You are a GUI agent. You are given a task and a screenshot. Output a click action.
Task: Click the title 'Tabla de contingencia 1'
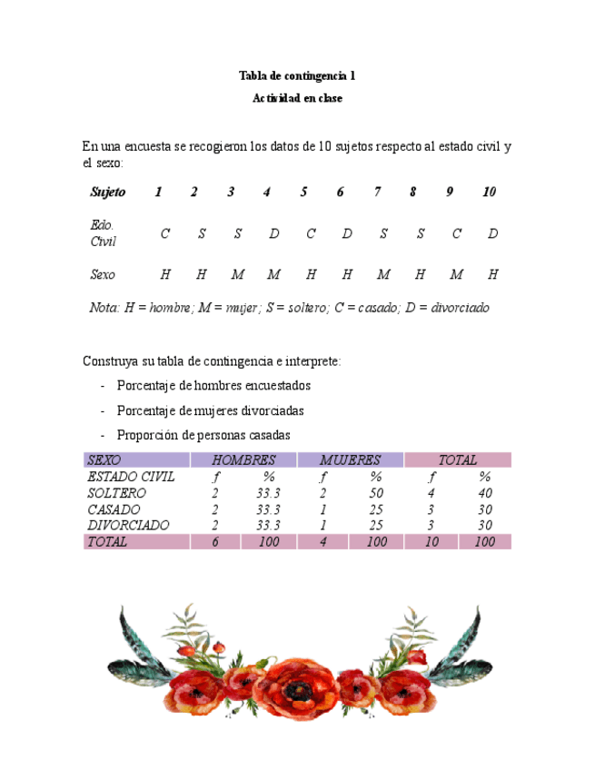coord(297,75)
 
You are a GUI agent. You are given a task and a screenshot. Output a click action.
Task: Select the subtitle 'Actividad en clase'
coord(297,98)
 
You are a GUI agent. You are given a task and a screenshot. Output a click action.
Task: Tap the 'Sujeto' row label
coord(108,192)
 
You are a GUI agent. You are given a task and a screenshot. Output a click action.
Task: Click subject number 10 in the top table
coord(490,192)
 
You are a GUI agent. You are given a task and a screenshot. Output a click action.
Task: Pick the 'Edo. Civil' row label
coord(104,233)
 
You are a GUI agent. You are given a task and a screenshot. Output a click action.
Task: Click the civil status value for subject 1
coord(164,234)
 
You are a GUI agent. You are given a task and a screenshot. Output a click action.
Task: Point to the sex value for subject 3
coord(237,274)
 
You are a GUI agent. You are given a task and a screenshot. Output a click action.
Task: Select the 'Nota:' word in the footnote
coord(104,308)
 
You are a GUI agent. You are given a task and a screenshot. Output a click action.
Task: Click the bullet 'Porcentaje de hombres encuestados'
coord(213,386)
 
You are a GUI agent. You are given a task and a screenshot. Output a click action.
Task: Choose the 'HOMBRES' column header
coord(243,460)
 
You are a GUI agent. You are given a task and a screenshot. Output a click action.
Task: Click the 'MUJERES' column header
coord(350,460)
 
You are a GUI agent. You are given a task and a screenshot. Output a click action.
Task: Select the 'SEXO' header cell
coord(104,460)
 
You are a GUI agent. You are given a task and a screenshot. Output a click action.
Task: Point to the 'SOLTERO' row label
coord(116,493)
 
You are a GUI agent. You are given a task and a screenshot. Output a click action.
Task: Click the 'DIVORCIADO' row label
coord(128,526)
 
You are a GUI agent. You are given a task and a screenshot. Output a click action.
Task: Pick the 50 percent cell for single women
coord(375,493)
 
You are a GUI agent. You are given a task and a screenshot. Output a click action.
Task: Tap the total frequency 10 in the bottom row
coord(431,542)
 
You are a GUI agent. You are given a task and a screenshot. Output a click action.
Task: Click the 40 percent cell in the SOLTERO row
coord(485,493)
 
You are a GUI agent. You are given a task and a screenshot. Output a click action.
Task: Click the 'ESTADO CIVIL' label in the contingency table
coord(131,477)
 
